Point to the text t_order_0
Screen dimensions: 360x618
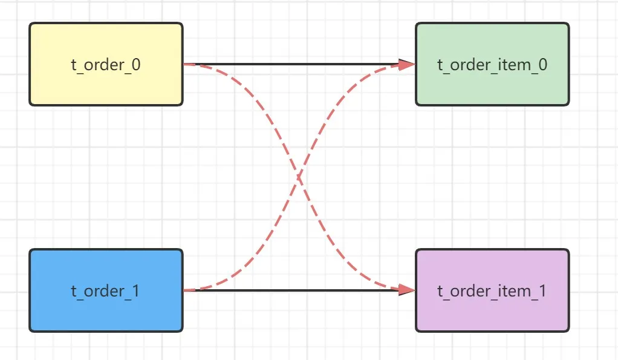tap(106, 65)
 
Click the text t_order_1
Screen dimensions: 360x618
tap(106, 291)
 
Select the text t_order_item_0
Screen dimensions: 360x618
tap(492, 65)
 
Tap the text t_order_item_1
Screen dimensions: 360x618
tap(492, 291)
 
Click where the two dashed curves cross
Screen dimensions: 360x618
tap(299, 177)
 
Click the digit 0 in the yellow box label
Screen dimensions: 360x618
tap(136, 65)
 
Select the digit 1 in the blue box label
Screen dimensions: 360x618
tap(135, 291)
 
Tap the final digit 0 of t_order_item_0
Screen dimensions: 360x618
tap(543, 65)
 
